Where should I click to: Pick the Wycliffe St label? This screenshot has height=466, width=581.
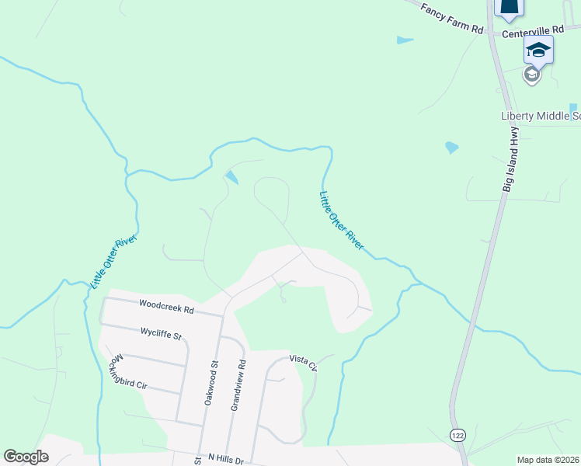tap(160, 335)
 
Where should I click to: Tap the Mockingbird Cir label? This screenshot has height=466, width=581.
tap(128, 374)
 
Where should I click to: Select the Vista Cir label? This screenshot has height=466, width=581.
tap(304, 360)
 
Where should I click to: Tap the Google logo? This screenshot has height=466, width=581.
tap(26, 457)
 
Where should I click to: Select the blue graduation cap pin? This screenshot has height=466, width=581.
tap(538, 51)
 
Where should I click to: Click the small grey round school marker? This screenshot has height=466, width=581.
tap(531, 75)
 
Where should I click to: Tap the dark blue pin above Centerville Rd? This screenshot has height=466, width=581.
tap(508, 7)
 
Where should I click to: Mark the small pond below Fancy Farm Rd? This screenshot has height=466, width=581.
tap(405, 40)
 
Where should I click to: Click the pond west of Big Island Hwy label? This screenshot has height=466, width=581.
tap(451, 147)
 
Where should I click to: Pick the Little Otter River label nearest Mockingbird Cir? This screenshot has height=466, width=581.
tap(113, 261)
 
